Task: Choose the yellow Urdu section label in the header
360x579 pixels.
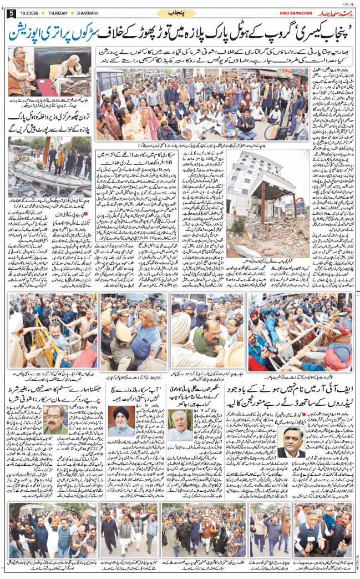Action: click(x=180, y=13)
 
